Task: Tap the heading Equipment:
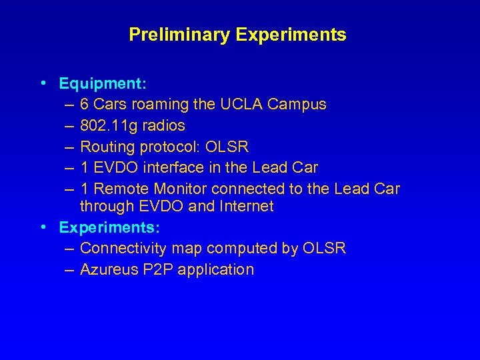pyautogui.click(x=103, y=84)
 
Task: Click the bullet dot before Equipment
pyautogui.click(x=43, y=84)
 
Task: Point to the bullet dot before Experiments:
pyautogui.click(x=43, y=227)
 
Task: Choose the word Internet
pyautogui.click(x=245, y=207)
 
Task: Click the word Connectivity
pyautogui.click(x=123, y=249)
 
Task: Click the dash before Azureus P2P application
pyautogui.click(x=70, y=270)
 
